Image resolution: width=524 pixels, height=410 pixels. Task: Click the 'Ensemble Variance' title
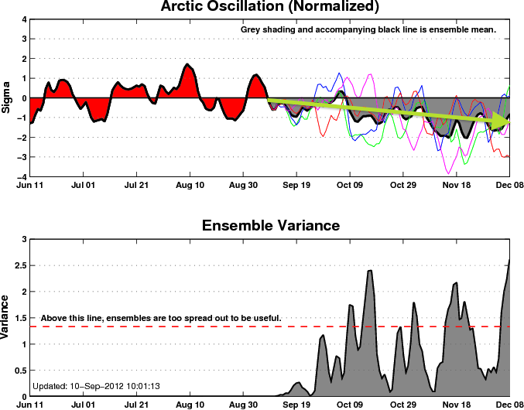269,226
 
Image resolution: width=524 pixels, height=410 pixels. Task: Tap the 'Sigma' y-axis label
7,98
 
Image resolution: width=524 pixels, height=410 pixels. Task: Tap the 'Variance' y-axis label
7,319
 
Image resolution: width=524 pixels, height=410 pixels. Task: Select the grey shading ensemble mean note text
367,29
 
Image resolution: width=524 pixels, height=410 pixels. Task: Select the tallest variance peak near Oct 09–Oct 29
370,272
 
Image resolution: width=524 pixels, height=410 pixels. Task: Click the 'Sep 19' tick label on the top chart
296,186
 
